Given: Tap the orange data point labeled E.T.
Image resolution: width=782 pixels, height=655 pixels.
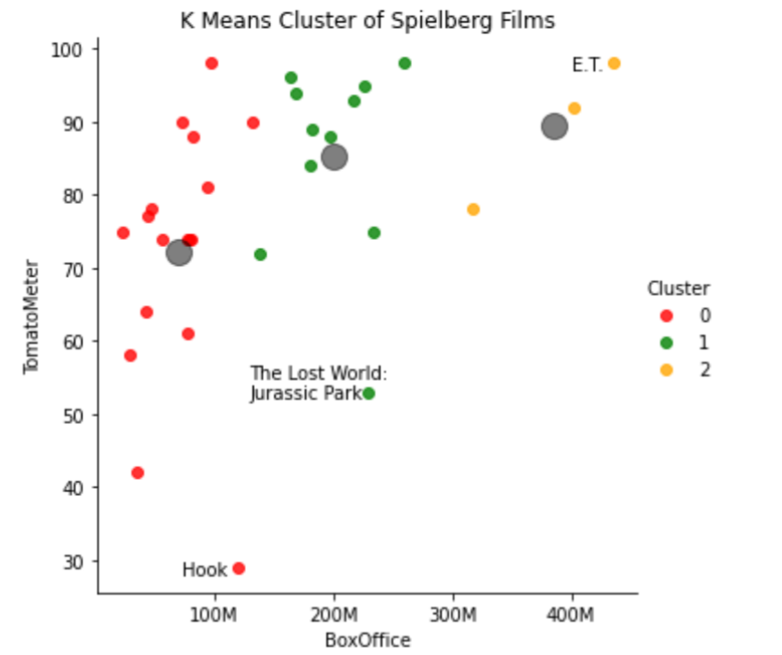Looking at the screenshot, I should click(614, 64).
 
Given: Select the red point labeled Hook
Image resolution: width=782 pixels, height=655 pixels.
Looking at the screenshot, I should click(239, 569).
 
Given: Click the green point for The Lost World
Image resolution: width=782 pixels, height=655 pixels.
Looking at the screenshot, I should click(369, 394).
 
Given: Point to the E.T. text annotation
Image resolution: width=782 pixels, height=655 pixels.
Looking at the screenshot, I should click(587, 65).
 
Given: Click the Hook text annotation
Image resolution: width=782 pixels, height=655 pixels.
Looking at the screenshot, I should click(205, 570).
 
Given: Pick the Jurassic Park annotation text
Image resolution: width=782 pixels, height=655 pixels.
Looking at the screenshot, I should click(305, 394).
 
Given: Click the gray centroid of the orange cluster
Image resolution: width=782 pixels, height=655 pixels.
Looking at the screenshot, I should click(555, 127).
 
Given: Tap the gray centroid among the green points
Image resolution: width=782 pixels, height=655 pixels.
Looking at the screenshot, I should click(335, 157).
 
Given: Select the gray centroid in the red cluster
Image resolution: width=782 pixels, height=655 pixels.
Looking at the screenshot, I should click(180, 253).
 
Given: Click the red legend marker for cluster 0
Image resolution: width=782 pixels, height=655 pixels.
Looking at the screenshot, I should click(665, 315).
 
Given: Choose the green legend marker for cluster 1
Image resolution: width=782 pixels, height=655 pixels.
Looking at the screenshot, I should click(665, 342).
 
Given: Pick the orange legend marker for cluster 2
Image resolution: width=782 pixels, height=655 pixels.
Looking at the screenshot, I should click(665, 369).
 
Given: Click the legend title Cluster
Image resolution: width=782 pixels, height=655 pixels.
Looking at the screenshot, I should click(679, 288).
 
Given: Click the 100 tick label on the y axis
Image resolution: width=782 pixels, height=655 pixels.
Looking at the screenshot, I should click(73, 49).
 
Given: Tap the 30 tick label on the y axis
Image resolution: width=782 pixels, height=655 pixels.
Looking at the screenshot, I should click(77, 562).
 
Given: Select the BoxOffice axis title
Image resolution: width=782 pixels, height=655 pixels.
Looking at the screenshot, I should click(367, 641).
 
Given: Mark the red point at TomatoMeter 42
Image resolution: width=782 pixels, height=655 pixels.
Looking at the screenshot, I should click(137, 473).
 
